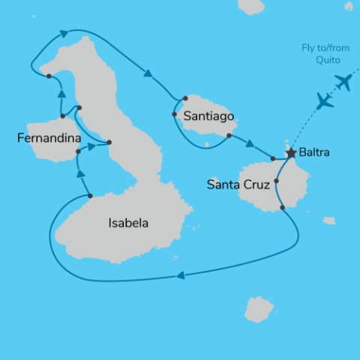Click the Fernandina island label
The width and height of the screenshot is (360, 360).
pyautogui.click(x=50, y=138)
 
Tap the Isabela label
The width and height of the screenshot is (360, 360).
pyautogui.click(x=128, y=223)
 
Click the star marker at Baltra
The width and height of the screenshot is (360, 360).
pyautogui.click(x=290, y=153)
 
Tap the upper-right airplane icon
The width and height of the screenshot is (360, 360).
pyautogui.click(x=344, y=82)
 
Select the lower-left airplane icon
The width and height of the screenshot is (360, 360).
pyautogui.click(x=325, y=101)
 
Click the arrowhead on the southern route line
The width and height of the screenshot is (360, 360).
pyautogui.click(x=180, y=277)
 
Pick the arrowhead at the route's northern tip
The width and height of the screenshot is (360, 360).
pyautogui.click(x=63, y=33)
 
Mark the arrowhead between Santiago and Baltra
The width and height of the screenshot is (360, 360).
pyautogui.click(x=250, y=144)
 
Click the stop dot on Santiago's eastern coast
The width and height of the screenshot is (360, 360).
pyautogui.click(x=228, y=136)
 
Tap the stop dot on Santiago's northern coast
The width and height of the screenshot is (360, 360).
pyautogui.click(x=184, y=98)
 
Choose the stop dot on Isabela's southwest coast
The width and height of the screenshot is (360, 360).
pyautogui.click(x=90, y=196)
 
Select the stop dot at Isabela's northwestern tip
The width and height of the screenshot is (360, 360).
pyautogui.click(x=48, y=76)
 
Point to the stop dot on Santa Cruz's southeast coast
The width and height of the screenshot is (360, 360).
pyautogui.click(x=282, y=207)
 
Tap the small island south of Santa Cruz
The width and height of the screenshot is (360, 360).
pyautogui.click(x=259, y=308)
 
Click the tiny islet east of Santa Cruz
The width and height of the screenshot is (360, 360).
pyautogui.click(x=329, y=220)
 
